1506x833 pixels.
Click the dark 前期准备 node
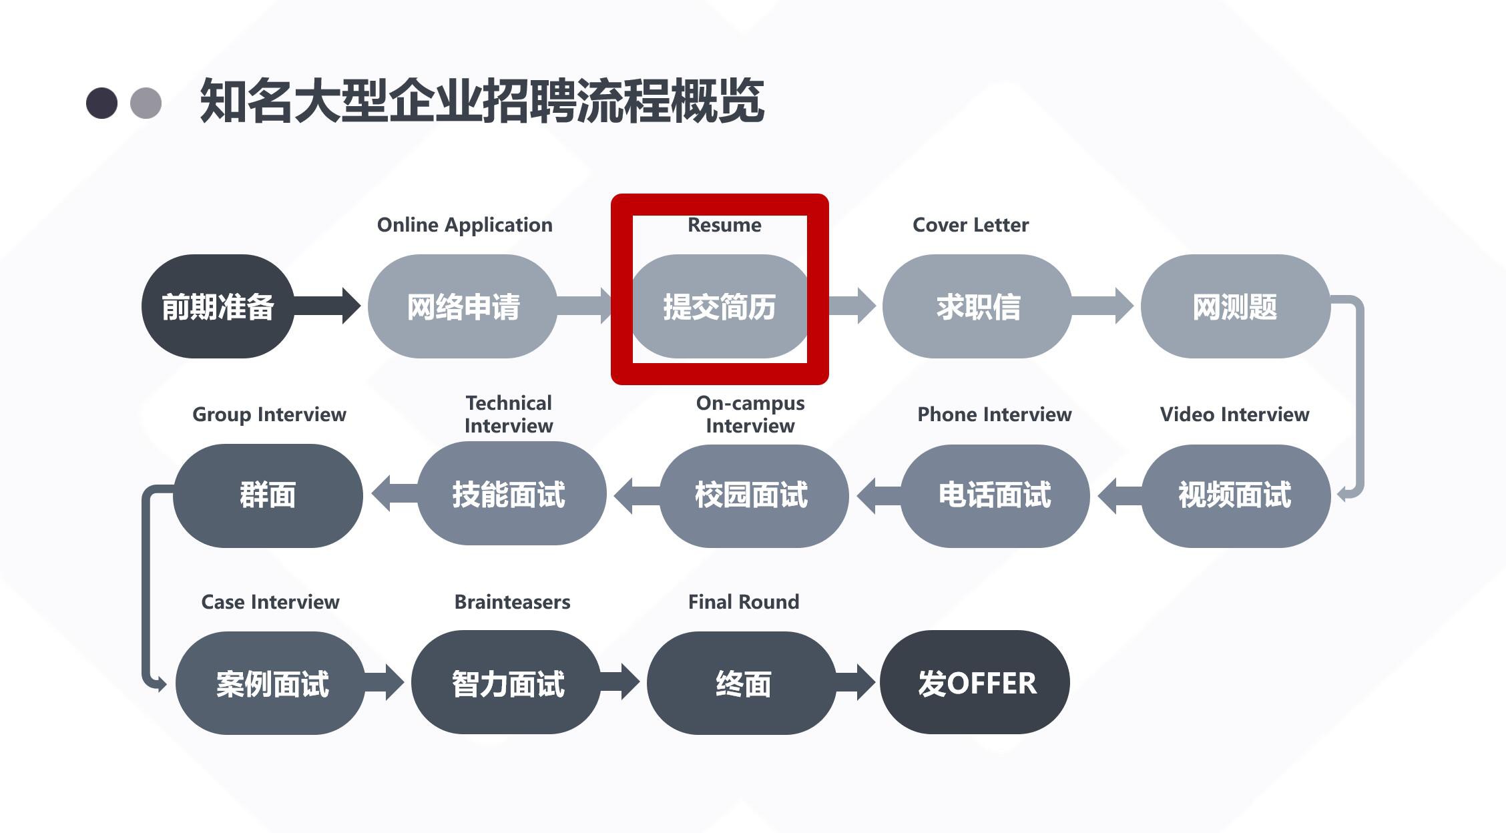(x=218, y=306)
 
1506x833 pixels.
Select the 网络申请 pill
(x=463, y=306)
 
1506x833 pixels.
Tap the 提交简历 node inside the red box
(x=719, y=306)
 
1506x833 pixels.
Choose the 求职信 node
(x=977, y=306)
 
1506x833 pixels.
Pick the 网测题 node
(x=1235, y=306)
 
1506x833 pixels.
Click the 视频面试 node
(x=1235, y=495)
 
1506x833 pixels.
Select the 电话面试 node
(x=995, y=495)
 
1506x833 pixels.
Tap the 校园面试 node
(x=752, y=495)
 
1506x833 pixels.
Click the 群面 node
(x=268, y=495)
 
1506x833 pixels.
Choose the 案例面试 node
(x=271, y=683)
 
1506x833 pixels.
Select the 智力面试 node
(x=507, y=683)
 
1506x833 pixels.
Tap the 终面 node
(x=742, y=683)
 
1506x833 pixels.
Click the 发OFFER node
(x=975, y=683)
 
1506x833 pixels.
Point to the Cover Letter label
(x=971, y=225)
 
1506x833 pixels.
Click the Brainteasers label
(x=512, y=602)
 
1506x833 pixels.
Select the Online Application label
(x=465, y=225)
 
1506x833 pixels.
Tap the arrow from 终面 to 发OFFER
(x=856, y=682)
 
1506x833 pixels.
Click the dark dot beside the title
(x=102, y=103)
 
